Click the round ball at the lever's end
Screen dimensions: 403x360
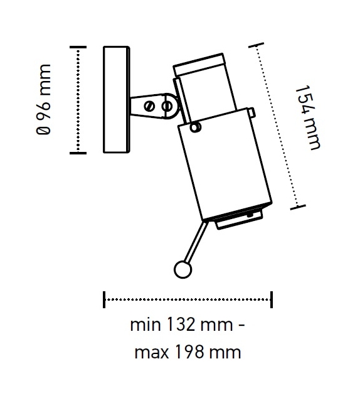point(182,269)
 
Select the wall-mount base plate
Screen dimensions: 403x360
point(114,99)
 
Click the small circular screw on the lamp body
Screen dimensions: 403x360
point(196,127)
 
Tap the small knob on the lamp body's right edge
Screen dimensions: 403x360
point(252,113)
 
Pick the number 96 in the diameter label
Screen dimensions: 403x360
point(44,105)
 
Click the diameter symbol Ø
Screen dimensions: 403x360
point(44,131)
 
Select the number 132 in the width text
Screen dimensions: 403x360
point(181,326)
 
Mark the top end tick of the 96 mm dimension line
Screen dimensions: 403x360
point(77,48)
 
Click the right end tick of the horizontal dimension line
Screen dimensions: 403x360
point(272,299)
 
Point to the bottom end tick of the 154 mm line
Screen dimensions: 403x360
point(297,206)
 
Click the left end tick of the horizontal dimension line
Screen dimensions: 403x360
point(104,299)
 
